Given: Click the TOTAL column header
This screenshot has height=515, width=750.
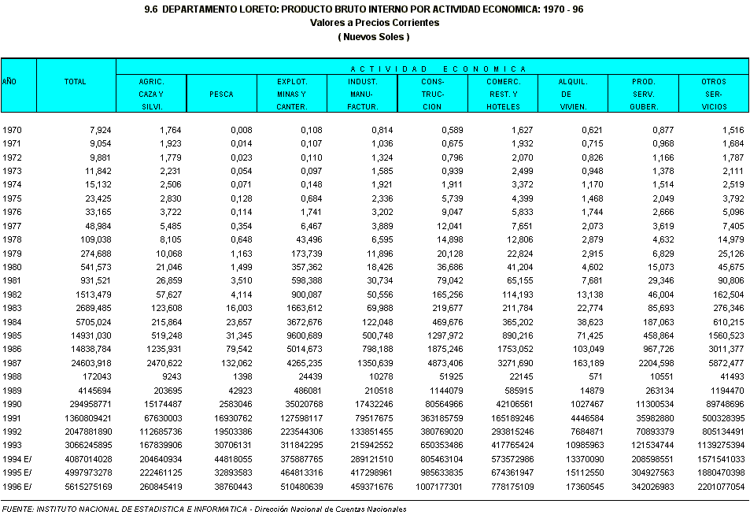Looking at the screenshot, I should pyautogui.click(x=76, y=82).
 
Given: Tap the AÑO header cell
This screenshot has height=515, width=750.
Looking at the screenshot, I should pyautogui.click(x=9, y=82).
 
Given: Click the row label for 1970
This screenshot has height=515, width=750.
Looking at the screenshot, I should pyautogui.click(x=12, y=130).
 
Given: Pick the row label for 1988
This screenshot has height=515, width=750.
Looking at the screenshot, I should pyautogui.click(x=12, y=377).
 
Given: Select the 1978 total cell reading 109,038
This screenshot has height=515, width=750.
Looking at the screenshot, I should pyautogui.click(x=91, y=240).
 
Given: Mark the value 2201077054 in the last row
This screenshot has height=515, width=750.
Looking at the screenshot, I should pyautogui.click(x=715, y=487).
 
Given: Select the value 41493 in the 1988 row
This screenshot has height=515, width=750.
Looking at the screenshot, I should pyautogui.click(x=730, y=377).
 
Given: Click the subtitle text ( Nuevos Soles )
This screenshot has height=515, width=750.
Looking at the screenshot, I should pyautogui.click(x=375, y=36).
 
